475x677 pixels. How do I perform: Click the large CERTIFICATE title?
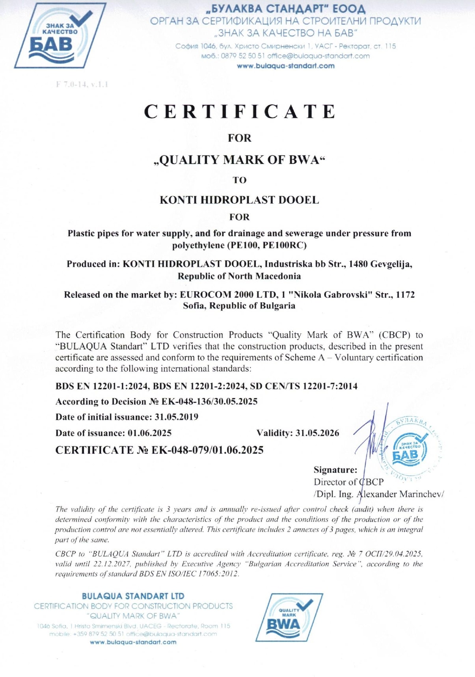coord(240,112)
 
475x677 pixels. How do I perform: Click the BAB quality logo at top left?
coord(60,35)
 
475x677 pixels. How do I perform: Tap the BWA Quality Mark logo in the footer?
coord(289,617)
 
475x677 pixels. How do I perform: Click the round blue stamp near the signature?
coord(410,450)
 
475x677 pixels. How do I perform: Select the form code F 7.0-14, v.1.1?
coord(82,84)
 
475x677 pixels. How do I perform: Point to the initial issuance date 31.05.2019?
coord(177,417)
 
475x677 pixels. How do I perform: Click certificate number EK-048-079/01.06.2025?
coord(207,450)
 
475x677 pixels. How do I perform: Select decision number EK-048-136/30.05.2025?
coord(209,402)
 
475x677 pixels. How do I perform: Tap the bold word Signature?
coord(335,470)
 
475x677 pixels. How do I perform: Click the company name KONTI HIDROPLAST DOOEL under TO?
coord(239,200)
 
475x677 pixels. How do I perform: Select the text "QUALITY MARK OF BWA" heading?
coord(239,160)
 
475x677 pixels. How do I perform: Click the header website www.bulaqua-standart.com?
coord(285,66)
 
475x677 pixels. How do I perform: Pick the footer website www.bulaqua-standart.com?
coord(133,642)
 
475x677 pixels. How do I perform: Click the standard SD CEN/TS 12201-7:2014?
coord(304,386)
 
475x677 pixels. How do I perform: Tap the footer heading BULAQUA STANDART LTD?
coord(133,596)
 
